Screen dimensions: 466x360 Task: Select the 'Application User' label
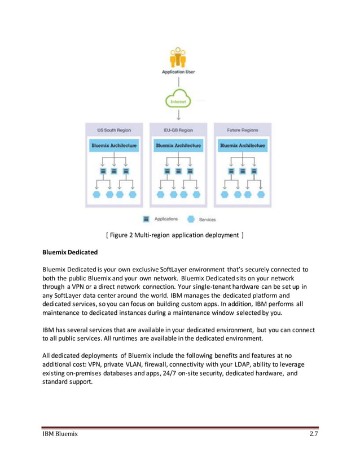tap(178, 73)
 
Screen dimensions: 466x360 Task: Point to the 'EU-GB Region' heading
tap(178, 130)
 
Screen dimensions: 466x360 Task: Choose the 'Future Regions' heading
tap(243, 130)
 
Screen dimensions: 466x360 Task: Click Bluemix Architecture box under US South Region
tap(115, 146)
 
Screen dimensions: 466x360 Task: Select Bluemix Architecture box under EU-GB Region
tap(178, 146)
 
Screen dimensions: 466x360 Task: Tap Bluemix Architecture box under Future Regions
tap(243, 146)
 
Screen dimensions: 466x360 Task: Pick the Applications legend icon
tap(146, 218)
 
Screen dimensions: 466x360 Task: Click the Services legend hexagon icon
tap(190, 218)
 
